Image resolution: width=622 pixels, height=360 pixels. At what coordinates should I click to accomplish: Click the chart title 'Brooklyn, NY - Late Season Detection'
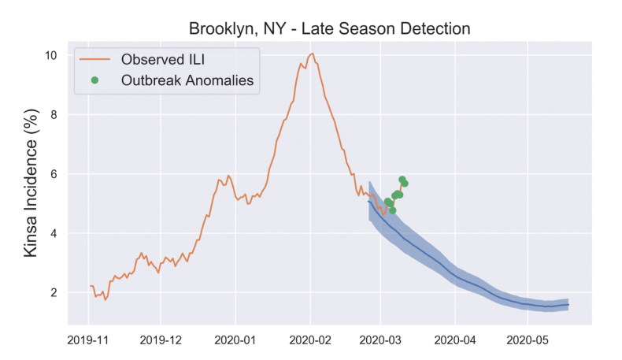point(329,29)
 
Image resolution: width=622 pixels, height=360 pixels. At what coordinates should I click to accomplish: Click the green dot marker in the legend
point(94,80)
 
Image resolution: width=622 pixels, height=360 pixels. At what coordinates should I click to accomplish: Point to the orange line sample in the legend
point(94,58)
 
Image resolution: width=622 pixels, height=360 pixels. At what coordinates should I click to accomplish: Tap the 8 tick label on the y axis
point(53,115)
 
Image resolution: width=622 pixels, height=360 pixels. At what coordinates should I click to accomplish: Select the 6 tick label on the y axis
point(53,174)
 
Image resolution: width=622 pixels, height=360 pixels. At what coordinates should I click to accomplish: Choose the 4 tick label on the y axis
point(53,233)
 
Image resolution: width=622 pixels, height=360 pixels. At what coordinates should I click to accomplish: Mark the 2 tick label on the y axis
point(53,293)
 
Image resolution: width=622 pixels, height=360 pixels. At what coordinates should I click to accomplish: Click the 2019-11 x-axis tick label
point(88,341)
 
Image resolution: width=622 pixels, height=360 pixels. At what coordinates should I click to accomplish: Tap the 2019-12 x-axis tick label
point(161,341)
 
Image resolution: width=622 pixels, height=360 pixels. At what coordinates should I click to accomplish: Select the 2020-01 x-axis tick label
point(235,341)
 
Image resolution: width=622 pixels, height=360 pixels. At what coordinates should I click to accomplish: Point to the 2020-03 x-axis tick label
point(380,341)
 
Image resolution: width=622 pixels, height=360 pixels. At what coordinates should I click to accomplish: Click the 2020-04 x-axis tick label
point(455,341)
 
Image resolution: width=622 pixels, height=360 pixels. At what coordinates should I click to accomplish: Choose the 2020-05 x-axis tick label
point(528,341)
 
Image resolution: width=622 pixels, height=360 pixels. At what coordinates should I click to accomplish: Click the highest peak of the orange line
point(313,54)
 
